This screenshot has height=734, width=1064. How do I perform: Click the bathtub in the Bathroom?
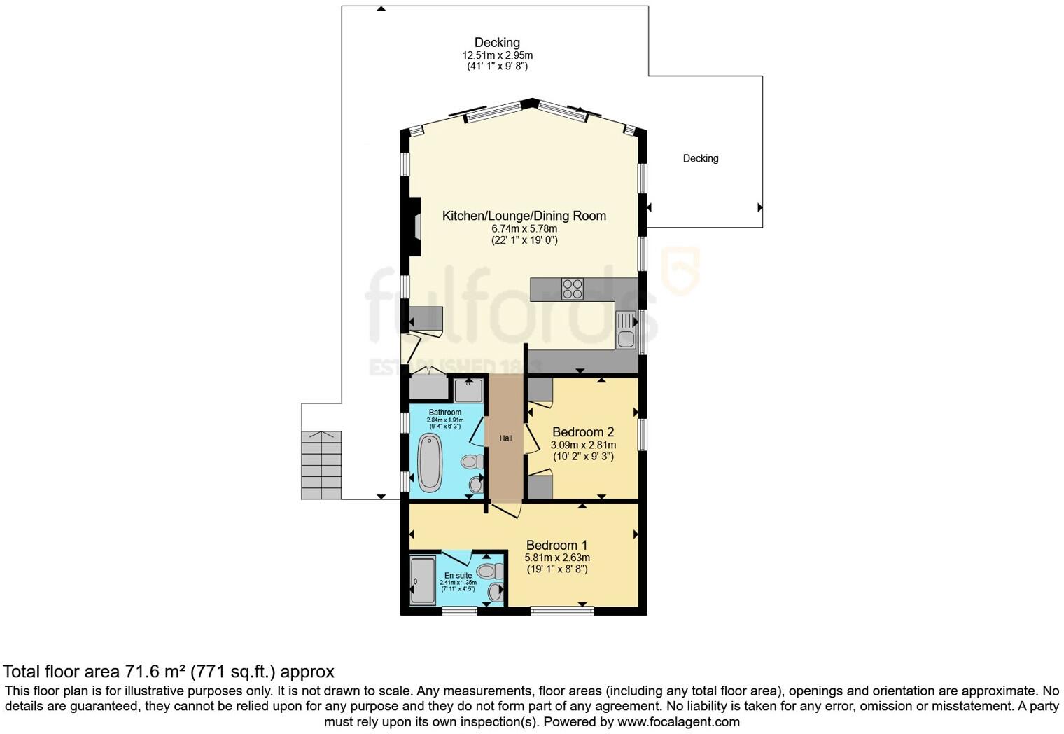point(429,462)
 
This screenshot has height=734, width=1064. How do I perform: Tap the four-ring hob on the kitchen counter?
point(572,289)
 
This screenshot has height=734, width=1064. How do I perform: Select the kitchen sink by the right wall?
point(625,331)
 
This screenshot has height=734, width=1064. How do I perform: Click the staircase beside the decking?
point(321,465)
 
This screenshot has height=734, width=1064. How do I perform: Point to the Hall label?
point(506,438)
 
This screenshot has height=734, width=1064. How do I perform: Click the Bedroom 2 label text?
point(583,432)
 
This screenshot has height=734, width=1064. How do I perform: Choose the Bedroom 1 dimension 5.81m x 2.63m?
point(557,558)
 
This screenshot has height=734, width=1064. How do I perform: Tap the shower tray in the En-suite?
point(423,580)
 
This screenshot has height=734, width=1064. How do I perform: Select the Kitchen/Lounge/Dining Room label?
point(524,216)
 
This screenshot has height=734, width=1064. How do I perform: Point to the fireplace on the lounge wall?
point(416,227)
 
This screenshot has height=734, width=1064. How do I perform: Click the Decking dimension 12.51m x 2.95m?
point(497,55)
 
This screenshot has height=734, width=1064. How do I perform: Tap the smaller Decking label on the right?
point(701,158)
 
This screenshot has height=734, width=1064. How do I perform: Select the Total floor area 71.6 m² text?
point(168,672)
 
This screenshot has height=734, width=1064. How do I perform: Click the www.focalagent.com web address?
point(678,721)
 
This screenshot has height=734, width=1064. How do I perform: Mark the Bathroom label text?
point(445,413)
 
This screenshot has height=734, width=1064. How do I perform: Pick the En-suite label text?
point(458,575)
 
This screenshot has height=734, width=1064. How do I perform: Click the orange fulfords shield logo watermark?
point(680,270)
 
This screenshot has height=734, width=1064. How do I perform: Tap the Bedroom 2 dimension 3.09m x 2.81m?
point(583,445)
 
